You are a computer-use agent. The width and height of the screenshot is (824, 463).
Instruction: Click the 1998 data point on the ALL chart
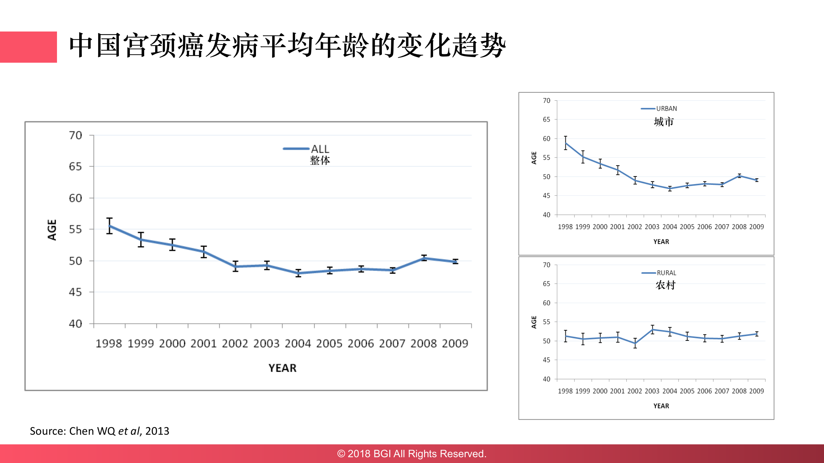(109, 226)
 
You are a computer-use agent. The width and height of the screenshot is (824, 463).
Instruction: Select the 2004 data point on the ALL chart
(298, 273)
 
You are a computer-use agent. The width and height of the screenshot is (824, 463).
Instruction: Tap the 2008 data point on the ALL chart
(424, 258)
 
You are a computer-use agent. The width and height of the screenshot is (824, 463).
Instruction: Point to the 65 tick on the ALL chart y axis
(75, 167)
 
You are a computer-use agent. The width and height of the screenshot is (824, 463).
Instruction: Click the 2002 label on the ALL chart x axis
(235, 343)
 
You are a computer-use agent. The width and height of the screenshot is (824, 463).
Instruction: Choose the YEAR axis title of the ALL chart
(282, 368)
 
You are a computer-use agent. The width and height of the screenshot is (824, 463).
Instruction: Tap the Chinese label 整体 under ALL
(320, 160)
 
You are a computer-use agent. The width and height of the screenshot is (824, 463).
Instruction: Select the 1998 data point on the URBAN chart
(565, 143)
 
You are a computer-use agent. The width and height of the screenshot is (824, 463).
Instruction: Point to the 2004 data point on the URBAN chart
(670, 189)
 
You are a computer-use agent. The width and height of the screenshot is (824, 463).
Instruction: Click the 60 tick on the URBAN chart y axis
(546, 139)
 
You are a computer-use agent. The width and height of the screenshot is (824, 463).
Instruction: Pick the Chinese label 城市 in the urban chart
(664, 122)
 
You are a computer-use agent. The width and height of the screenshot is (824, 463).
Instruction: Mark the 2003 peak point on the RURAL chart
(652, 330)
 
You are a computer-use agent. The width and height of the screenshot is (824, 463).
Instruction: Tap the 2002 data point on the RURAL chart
(635, 343)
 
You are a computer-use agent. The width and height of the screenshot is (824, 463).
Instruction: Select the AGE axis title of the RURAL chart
(534, 322)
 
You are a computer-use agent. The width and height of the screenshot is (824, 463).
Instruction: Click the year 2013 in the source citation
(157, 431)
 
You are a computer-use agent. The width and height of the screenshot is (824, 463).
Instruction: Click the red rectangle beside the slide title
(28, 47)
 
